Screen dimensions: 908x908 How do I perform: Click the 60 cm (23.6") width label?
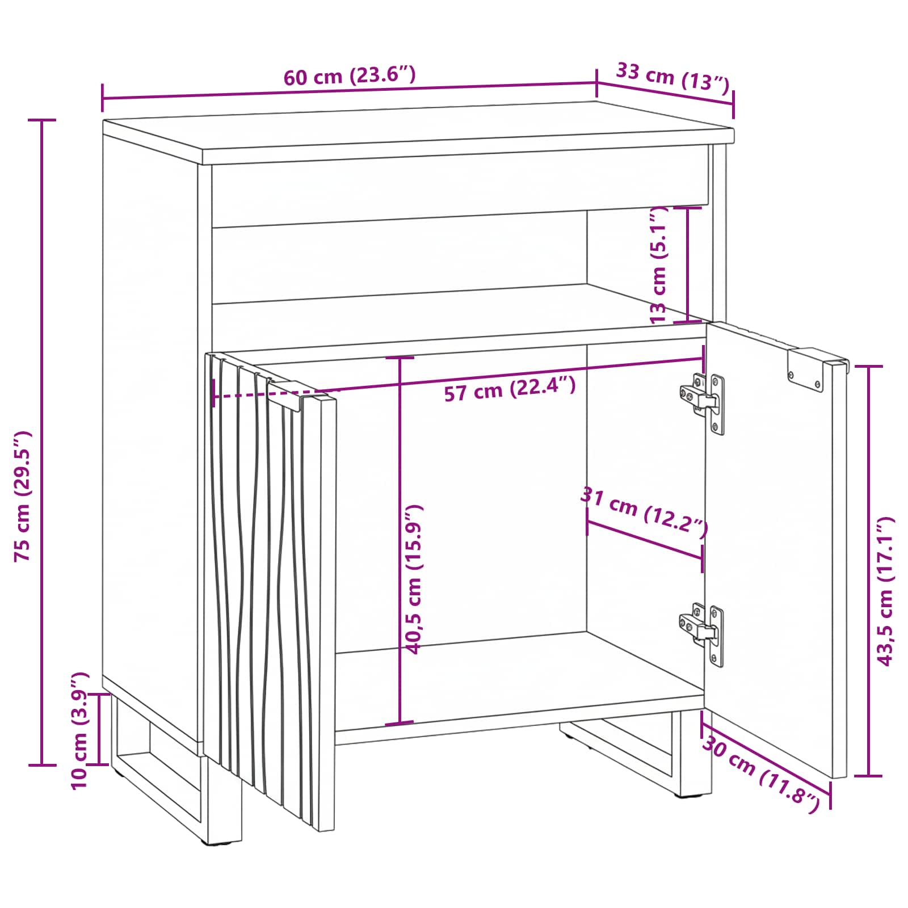pos(350,75)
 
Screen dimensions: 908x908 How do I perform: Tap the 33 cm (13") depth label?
pos(672,77)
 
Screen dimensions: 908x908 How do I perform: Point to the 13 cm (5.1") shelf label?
pos(659,265)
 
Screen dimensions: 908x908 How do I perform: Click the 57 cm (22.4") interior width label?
pos(510,389)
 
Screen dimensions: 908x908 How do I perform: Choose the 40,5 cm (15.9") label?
pos(414,579)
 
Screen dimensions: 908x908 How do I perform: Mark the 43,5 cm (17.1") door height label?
pos(885,591)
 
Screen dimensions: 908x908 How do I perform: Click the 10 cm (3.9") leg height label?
pos(80,730)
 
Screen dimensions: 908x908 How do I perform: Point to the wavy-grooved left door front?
pos(270,590)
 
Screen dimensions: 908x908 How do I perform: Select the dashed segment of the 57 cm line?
pos(275,394)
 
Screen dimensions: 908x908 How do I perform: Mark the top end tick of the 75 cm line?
pos(42,120)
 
